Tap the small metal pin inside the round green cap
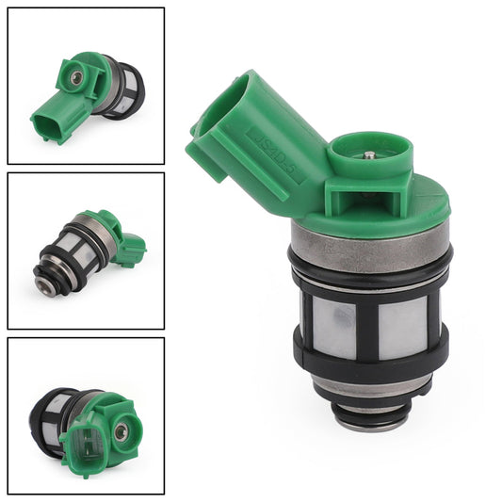[370, 154]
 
